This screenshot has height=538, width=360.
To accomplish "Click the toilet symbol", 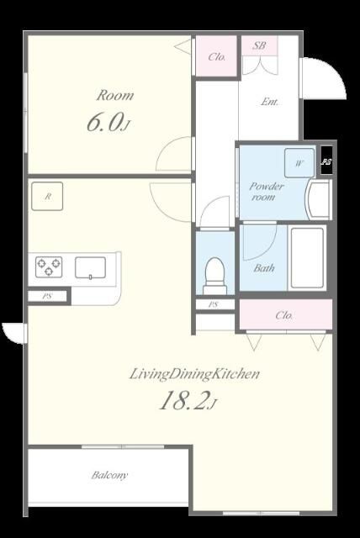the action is [x=214, y=276].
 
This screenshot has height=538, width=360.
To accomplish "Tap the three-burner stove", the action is [x=49, y=266].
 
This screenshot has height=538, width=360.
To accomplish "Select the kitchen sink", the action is [x=90, y=267].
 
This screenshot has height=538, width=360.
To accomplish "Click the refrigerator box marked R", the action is [x=47, y=196].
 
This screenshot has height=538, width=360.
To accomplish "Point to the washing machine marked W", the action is [x=299, y=162].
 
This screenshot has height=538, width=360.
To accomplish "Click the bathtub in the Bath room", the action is [x=307, y=258].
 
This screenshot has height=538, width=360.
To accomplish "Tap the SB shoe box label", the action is [x=259, y=45].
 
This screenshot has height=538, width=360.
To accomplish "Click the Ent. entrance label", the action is [x=269, y=102].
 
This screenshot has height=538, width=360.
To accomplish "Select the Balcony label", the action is [x=109, y=475].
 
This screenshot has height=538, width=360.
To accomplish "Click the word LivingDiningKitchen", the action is [x=194, y=374].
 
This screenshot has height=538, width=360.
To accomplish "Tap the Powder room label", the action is [x=266, y=191].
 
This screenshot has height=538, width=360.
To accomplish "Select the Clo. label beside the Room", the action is [x=217, y=56].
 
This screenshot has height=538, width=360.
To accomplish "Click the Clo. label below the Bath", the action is [x=284, y=315].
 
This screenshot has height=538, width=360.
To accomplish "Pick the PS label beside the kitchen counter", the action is [x=47, y=296].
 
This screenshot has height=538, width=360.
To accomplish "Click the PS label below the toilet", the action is [x=214, y=304].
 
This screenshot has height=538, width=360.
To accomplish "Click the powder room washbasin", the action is [x=319, y=199].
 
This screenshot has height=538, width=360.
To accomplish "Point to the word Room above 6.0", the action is [x=115, y=95].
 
